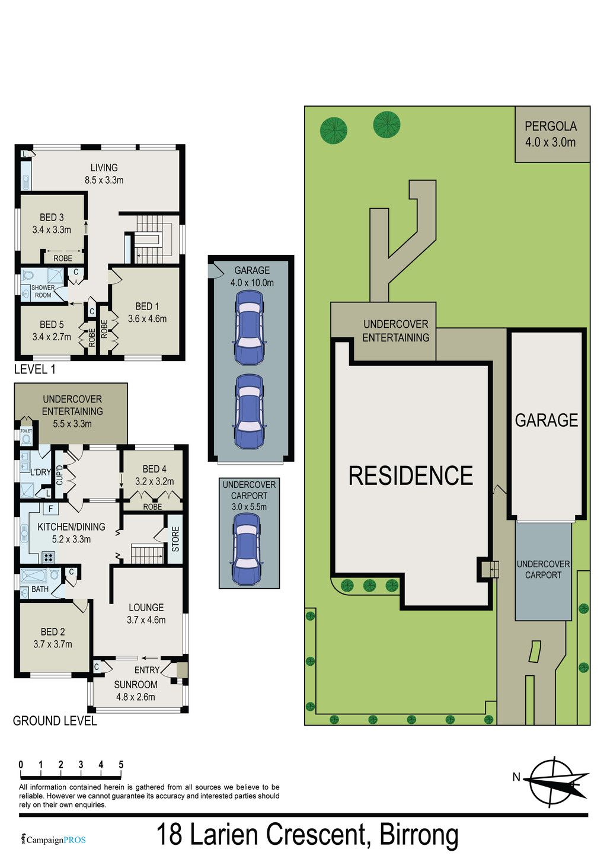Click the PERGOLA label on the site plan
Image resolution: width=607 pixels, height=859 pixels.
coord(550,126)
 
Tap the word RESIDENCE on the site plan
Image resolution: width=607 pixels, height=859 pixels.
coord(411,475)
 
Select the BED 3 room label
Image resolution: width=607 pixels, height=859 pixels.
coord(52,218)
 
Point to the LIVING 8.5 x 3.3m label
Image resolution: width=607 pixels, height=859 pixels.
coord(104,174)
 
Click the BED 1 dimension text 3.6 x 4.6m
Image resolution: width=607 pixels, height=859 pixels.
coord(147,319)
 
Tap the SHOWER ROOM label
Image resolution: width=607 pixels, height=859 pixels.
coord(43,291)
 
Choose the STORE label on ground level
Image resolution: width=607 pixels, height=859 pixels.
coord(175,539)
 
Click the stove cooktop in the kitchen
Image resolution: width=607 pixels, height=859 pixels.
coord(49,557)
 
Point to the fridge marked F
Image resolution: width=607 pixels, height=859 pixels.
coord(50,509)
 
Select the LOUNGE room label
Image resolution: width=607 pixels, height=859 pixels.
coord(146,608)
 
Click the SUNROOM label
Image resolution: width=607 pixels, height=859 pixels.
coord(136,685)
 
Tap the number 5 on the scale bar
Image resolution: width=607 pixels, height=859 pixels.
coord(121,765)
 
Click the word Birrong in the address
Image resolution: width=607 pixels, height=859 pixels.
coord(418,835)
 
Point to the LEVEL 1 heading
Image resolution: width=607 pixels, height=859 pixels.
coord(34,369)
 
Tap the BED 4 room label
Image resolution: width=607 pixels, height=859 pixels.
coord(155,469)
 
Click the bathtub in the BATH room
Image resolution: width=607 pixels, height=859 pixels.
coord(34,575)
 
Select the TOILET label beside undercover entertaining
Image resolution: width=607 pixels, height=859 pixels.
coord(26,430)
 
